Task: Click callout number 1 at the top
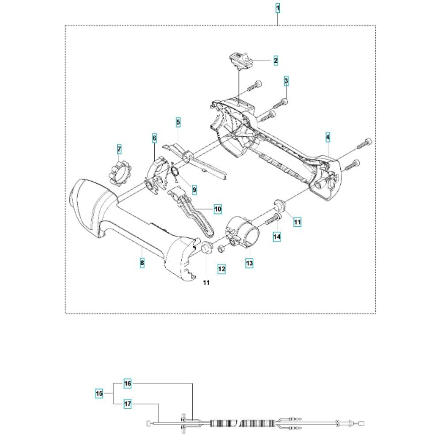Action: click(278, 8)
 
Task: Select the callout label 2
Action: click(275, 61)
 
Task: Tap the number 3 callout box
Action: click(286, 81)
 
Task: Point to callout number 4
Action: click(328, 138)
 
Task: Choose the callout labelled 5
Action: click(178, 122)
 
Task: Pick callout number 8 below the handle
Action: click(142, 263)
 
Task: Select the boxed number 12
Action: click(221, 268)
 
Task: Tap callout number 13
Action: click(249, 263)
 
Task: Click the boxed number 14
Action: click(277, 236)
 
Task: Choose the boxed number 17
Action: click(127, 404)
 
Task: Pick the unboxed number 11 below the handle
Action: click(206, 282)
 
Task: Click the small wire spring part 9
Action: click(175, 173)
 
